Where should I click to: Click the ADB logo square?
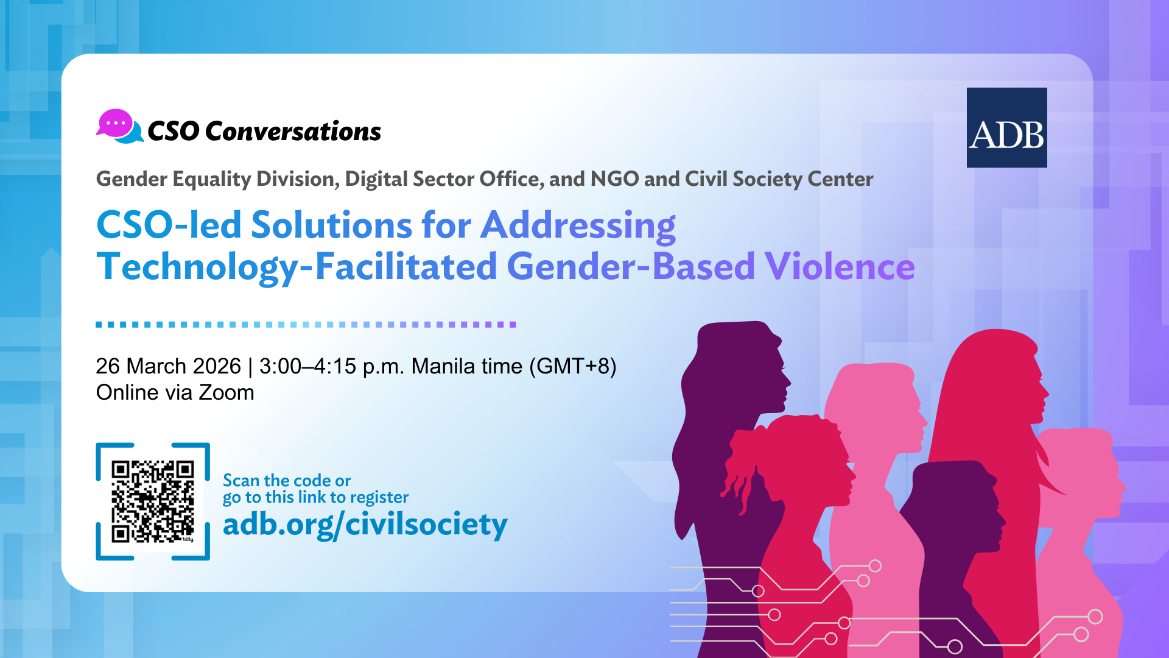pos(1006,127)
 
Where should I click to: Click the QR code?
pos(153,501)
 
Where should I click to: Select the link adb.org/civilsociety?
pos(365,525)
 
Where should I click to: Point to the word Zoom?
pos(226,392)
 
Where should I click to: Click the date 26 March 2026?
pos(168,366)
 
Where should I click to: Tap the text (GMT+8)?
pos(573,366)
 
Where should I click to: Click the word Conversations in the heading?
pos(293,131)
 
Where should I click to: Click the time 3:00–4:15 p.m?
pos(332,366)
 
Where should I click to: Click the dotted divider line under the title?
pos(306,325)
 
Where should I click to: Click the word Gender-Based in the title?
pos(631,266)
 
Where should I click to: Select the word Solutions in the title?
pos(332,225)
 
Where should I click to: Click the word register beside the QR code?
pos(379,498)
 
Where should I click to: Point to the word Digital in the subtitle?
pos(376,179)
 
